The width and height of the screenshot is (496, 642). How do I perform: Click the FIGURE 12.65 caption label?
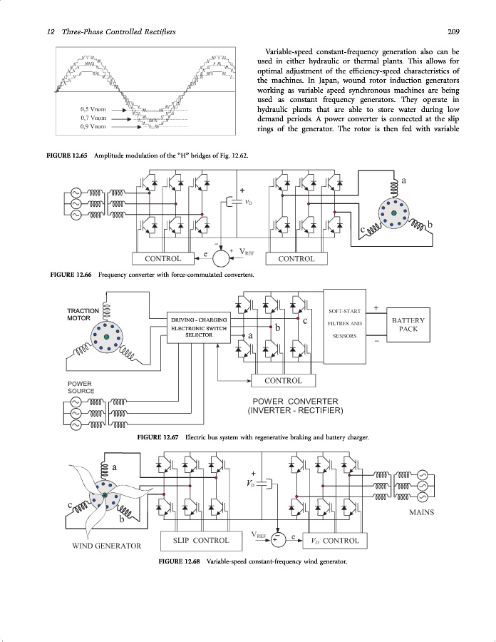(x=67, y=156)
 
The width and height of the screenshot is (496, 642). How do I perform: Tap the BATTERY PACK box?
(x=408, y=325)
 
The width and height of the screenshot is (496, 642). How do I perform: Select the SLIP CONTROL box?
(x=201, y=540)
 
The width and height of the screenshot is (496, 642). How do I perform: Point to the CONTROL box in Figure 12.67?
(x=283, y=380)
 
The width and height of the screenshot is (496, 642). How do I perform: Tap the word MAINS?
(x=421, y=512)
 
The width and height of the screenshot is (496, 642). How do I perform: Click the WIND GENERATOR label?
(x=107, y=546)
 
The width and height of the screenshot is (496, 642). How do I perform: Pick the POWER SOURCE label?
(x=81, y=387)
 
